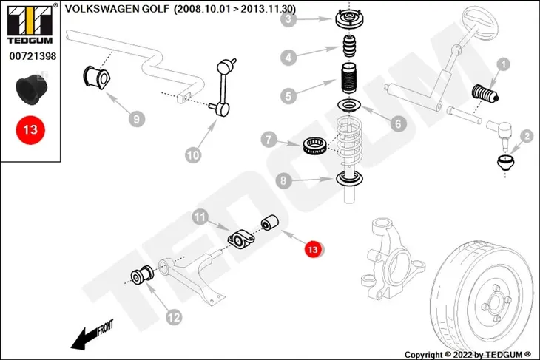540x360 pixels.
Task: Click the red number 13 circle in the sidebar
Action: (x=30, y=130)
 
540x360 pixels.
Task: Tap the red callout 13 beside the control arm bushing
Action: (x=313, y=248)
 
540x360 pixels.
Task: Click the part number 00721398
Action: (x=33, y=55)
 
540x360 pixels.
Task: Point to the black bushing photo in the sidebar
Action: (x=31, y=89)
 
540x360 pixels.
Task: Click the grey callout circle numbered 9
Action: (x=137, y=119)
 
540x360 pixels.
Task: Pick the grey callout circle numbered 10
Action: (x=193, y=155)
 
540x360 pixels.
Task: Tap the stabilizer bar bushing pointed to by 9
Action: (x=97, y=77)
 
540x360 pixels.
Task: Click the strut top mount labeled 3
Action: (x=350, y=19)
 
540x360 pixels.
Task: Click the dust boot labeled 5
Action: (x=349, y=78)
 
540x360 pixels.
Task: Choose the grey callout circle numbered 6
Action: (x=398, y=123)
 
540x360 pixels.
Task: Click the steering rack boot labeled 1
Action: (x=485, y=93)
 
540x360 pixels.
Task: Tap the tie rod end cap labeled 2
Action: (x=505, y=163)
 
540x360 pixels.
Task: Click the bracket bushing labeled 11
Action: (x=240, y=238)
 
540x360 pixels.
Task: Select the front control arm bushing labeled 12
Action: (x=142, y=275)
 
